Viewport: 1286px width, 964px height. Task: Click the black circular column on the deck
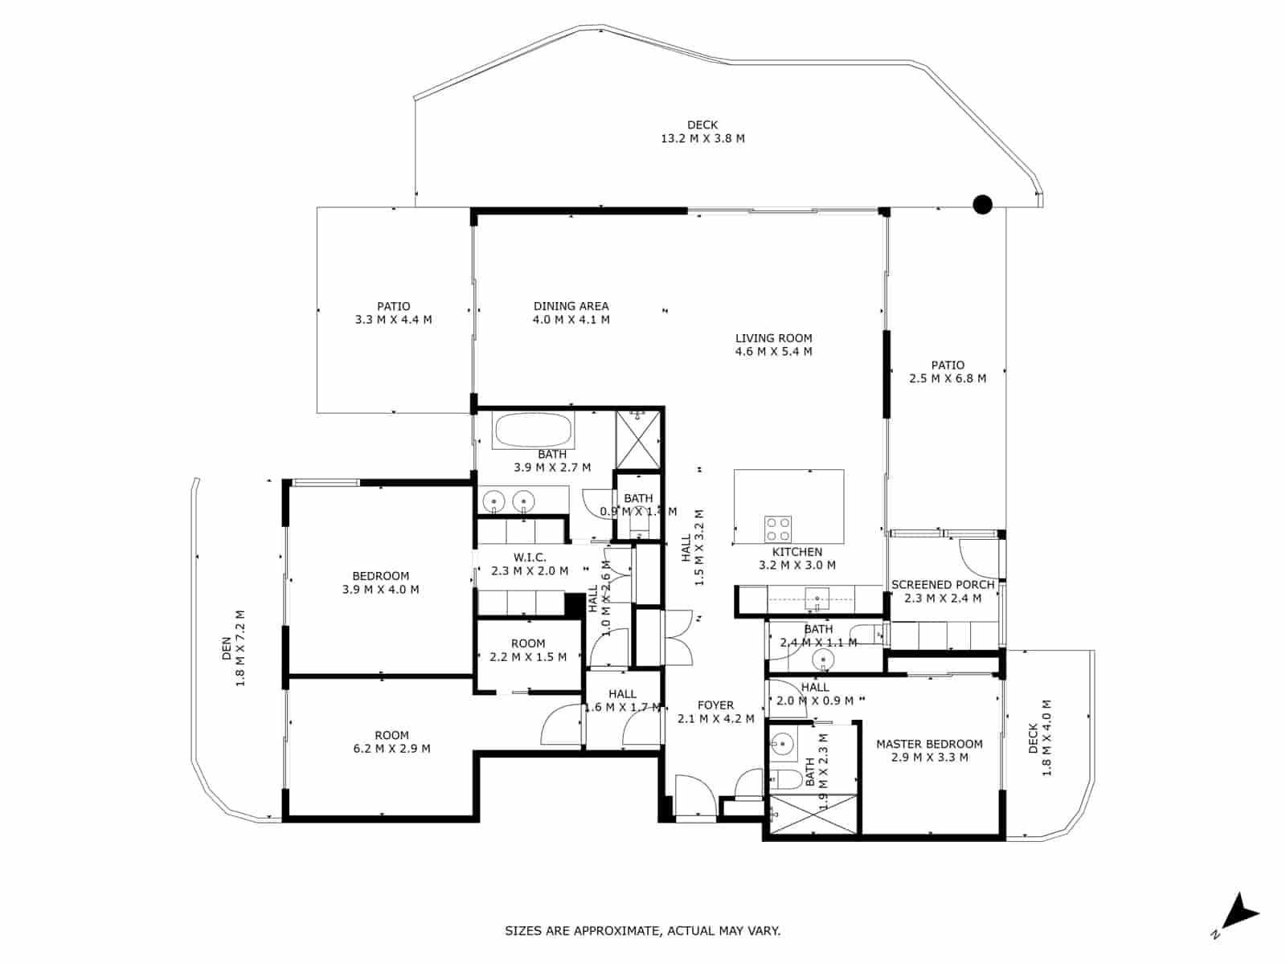pos(982,205)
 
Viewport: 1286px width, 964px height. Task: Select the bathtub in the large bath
pos(534,431)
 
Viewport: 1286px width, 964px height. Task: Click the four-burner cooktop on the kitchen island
pos(778,529)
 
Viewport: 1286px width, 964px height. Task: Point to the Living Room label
pos(773,345)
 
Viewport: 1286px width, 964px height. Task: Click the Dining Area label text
pos(571,312)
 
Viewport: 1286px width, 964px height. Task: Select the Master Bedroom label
pos(929,750)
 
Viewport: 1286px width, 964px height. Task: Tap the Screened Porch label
pos(943,591)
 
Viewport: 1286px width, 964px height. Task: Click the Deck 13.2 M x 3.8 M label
pos(702,132)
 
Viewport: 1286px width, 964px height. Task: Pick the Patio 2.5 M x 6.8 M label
pos(948,371)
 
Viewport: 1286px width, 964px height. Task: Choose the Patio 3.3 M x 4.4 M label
pos(393,312)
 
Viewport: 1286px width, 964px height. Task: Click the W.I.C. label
pos(530,564)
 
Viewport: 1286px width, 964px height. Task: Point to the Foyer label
pos(715,712)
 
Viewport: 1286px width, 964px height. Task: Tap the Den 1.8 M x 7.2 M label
pos(233,648)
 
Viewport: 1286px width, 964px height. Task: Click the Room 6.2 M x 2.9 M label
pos(391,741)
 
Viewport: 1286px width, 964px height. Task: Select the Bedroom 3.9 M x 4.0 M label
pos(380,582)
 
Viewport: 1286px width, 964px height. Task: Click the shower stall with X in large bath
pos(637,439)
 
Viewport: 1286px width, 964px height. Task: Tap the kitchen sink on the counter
pos(817,597)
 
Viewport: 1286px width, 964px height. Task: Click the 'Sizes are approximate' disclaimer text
pos(642,931)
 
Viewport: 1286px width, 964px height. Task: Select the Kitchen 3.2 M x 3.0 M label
pos(797,558)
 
